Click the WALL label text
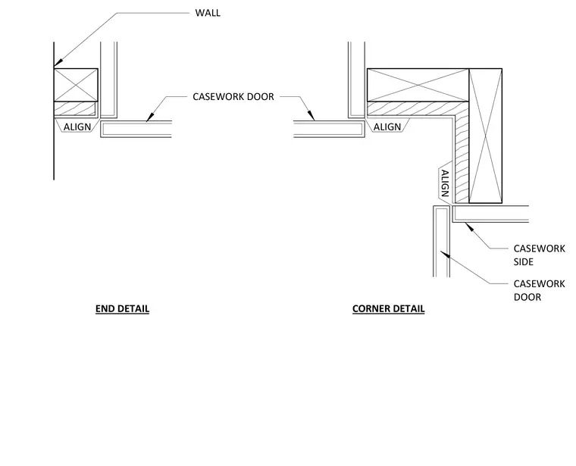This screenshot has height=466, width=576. [208, 13]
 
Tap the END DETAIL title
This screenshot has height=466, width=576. [122, 309]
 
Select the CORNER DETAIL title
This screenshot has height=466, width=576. [388, 309]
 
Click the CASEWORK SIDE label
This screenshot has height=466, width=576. [539, 255]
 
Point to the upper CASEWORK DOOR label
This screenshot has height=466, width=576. [233, 96]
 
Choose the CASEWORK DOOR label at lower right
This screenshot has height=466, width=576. [539, 290]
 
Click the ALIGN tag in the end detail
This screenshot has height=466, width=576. [77, 127]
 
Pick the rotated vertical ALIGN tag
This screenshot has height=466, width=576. [445, 183]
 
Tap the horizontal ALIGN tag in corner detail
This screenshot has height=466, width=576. [387, 127]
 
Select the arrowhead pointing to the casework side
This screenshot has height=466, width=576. [469, 227]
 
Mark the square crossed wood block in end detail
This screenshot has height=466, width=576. [76, 85]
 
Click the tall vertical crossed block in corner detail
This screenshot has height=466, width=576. [485, 136]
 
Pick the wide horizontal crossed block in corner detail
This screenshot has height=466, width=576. [418, 85]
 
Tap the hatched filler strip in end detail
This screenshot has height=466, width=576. [74, 108]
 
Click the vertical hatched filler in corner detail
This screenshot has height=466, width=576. [462, 158]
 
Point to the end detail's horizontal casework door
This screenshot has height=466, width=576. [136, 129]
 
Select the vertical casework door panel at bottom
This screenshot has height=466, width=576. [442, 241]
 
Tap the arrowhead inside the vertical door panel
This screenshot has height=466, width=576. [445, 254]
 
